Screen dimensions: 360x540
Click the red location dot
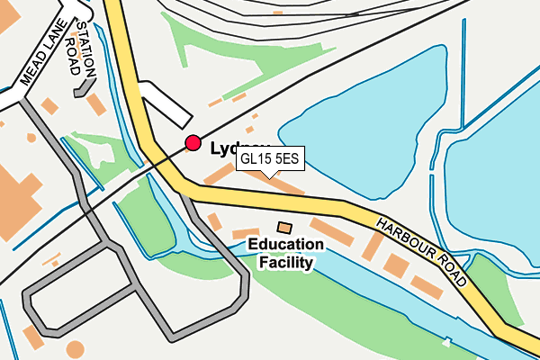(193, 143)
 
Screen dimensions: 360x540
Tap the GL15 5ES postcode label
(274, 159)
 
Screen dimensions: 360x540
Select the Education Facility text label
(285, 253)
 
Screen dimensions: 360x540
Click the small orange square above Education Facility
(284, 228)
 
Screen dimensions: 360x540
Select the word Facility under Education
(285, 263)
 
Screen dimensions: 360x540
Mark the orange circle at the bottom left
(75, 348)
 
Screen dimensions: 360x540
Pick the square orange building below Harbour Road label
(395, 265)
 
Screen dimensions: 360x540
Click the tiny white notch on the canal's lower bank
(446, 341)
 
